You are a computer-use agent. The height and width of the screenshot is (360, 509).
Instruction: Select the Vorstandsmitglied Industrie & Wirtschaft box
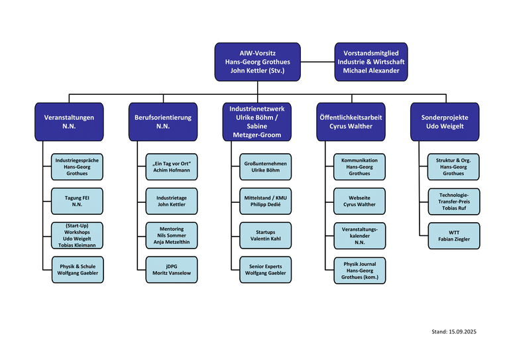[x=370, y=62]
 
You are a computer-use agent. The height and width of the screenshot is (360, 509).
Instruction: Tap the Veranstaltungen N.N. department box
[x=69, y=121]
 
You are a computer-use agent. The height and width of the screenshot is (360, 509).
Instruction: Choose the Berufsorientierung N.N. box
[x=163, y=121]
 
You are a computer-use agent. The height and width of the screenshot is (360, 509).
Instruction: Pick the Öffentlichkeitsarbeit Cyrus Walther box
[x=351, y=121]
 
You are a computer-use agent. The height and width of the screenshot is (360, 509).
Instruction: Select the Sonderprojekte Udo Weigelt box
[x=445, y=121]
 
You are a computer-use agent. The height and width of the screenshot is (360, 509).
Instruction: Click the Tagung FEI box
[x=77, y=200]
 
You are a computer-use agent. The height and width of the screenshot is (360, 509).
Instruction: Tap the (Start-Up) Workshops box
[x=77, y=235]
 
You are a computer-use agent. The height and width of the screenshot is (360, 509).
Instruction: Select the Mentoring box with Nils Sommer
[x=172, y=235]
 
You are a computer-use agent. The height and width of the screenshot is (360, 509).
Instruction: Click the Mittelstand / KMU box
[x=266, y=200]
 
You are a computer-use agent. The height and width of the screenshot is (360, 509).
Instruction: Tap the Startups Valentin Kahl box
[x=266, y=235]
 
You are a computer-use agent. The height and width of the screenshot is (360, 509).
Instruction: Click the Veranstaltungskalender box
[x=359, y=235]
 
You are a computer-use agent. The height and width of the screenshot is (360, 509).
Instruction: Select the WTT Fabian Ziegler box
[x=453, y=235]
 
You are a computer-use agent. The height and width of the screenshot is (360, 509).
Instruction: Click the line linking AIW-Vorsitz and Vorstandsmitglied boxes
[x=315, y=62]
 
